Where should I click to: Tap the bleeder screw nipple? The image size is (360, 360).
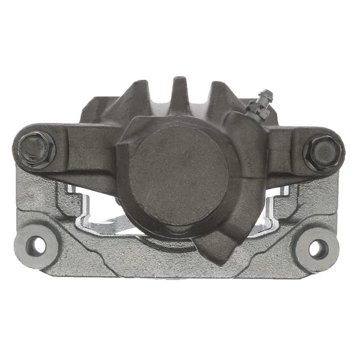point(265,97)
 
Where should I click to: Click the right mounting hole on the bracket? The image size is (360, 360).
point(319,248)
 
